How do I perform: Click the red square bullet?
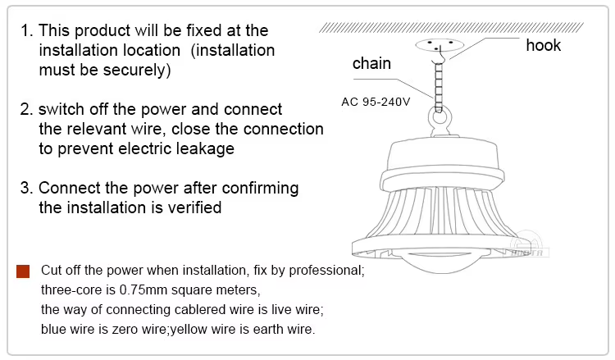[23, 271]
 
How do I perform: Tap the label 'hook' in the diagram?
[543, 45]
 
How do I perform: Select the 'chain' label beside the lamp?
[371, 63]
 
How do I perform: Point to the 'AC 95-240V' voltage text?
[376, 102]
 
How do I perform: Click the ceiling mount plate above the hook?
[440, 44]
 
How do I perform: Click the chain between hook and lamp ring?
[439, 87]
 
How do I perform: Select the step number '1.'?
[27, 30]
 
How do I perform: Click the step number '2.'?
[27, 109]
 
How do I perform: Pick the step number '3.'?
[27, 189]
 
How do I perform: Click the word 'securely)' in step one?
[137, 71]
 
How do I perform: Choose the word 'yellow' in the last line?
[189, 330]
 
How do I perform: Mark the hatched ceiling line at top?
[451, 27]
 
